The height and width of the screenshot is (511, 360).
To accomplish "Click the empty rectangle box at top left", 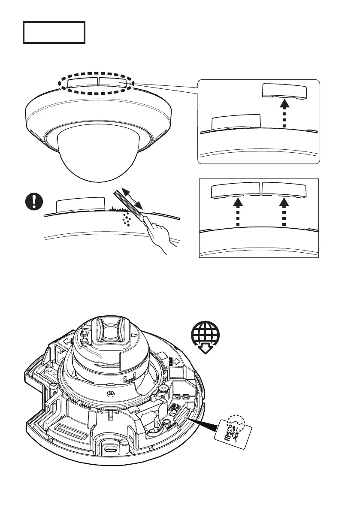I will pos(54,32).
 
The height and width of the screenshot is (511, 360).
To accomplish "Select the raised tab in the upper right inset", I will pos(284,91).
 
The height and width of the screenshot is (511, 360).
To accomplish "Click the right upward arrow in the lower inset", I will pos(284,214).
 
